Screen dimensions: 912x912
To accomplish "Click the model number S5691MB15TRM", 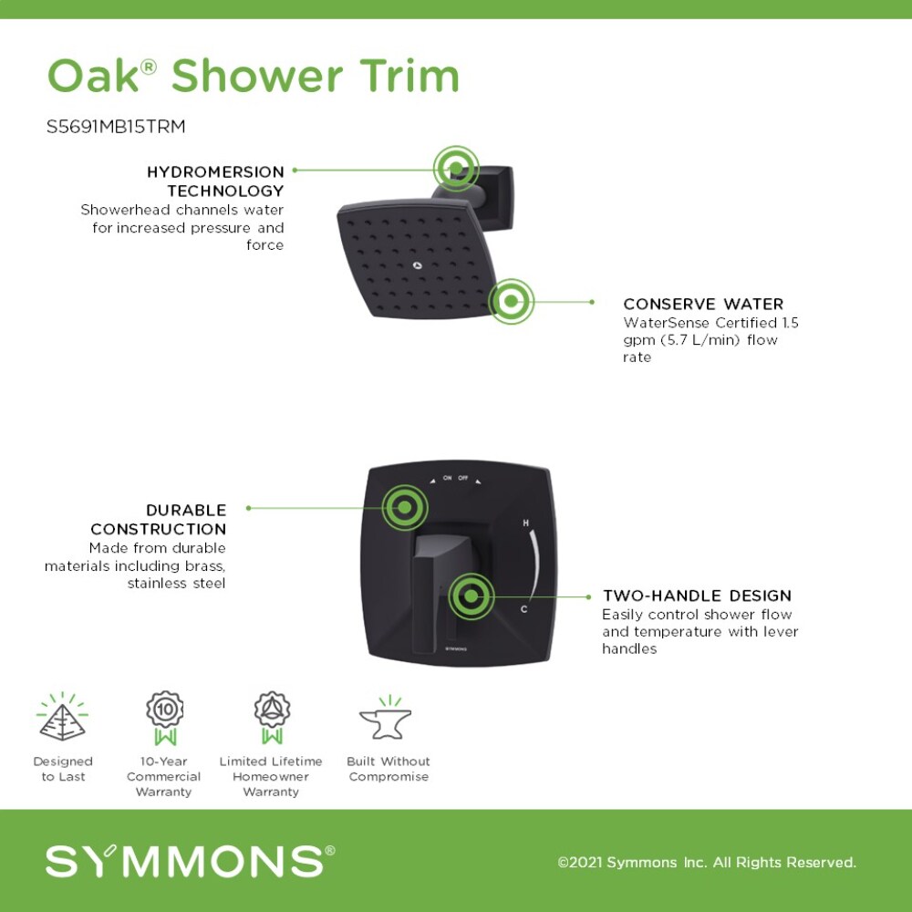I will coord(116,127).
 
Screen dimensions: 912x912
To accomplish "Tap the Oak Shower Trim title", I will coord(253,77).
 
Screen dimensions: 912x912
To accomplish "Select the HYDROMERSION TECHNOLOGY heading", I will coord(216,181).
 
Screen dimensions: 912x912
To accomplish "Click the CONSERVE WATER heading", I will coord(703,304).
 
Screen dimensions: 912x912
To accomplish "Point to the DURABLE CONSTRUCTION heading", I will coord(159,519).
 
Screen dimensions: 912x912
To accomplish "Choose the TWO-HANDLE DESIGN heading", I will coord(697,596).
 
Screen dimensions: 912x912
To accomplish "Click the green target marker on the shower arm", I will coord(455,168).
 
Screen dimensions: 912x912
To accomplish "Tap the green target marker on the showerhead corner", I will coord(511,301).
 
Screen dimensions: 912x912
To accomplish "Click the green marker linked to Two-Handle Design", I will coord(471,596).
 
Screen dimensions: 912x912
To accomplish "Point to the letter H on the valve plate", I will coord(526,523).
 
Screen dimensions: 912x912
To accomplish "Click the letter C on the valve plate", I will coord(523,608).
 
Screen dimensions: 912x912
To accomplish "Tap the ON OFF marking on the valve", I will coord(455,478).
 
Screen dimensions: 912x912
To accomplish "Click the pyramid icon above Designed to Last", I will coord(62,718).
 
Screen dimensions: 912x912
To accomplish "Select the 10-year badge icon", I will coord(165,716).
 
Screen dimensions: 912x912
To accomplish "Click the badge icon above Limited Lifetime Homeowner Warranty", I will coord(271,716).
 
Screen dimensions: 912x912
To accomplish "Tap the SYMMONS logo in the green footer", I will coord(190,861).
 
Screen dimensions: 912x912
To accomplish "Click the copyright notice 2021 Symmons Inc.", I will coord(707,862).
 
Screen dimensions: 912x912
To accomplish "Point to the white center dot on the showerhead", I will coord(418,266).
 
